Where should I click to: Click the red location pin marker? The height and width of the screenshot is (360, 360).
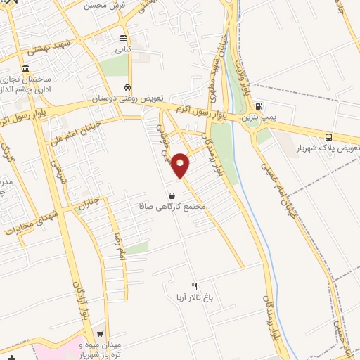click(181, 165)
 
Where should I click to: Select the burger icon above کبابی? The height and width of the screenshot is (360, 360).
click(124, 39)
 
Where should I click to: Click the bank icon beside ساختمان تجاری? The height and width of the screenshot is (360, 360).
click(26, 69)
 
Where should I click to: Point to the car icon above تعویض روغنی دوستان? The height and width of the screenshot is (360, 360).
click(127, 87)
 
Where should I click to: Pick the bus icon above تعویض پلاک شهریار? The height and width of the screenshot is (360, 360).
click(329, 137)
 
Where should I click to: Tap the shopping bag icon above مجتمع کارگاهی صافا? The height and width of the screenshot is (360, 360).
click(172, 195)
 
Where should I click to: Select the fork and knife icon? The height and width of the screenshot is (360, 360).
click(195, 286)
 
